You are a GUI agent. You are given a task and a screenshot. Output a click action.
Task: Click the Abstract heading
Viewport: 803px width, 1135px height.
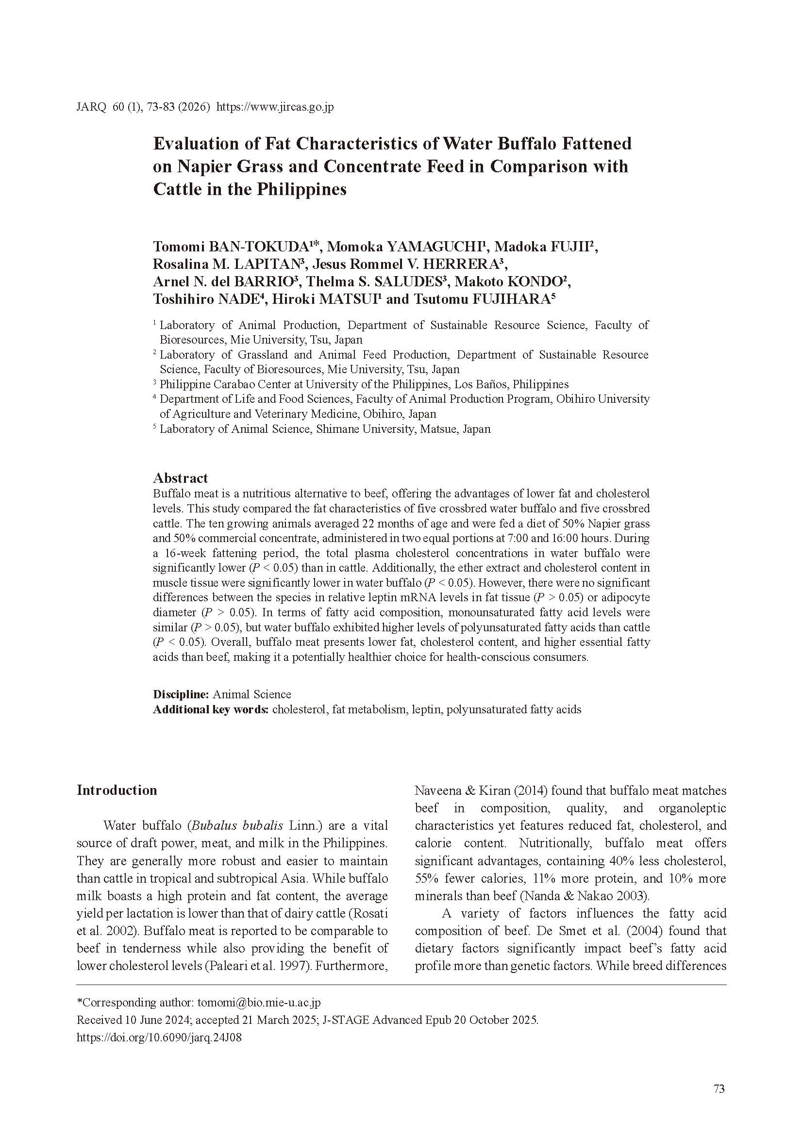181,478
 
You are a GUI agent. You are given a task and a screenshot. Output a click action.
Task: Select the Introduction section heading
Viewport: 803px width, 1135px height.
117,790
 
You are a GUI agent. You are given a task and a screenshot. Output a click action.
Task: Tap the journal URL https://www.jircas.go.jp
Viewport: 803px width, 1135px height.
275,107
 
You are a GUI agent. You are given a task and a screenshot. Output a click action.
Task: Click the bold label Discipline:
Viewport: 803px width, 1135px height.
182,694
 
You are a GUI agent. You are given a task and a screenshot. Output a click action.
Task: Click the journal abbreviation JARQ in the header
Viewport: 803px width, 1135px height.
91,107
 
